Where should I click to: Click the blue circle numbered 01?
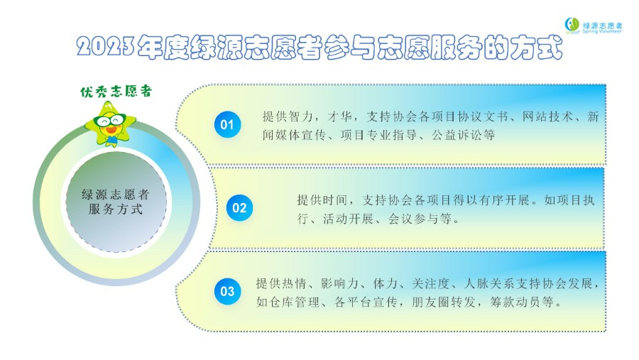(x=227, y=124)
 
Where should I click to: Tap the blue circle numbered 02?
(x=240, y=208)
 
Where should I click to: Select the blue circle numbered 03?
(x=227, y=292)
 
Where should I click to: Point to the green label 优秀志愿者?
(x=116, y=92)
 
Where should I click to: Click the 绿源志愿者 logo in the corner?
(x=594, y=26)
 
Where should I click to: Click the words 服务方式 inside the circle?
(x=116, y=209)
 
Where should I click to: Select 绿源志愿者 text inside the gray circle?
(x=116, y=195)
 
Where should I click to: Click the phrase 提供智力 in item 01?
(x=288, y=117)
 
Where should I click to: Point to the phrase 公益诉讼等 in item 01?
(x=464, y=135)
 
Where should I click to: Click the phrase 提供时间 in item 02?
(x=322, y=200)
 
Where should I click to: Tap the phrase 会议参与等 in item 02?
(x=420, y=219)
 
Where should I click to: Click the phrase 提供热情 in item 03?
(x=281, y=283)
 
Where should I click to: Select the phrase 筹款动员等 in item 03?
(x=522, y=302)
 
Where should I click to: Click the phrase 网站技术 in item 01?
(x=547, y=117)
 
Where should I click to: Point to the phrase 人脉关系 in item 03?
(x=489, y=283)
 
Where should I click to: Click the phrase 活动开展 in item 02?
(x=348, y=219)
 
